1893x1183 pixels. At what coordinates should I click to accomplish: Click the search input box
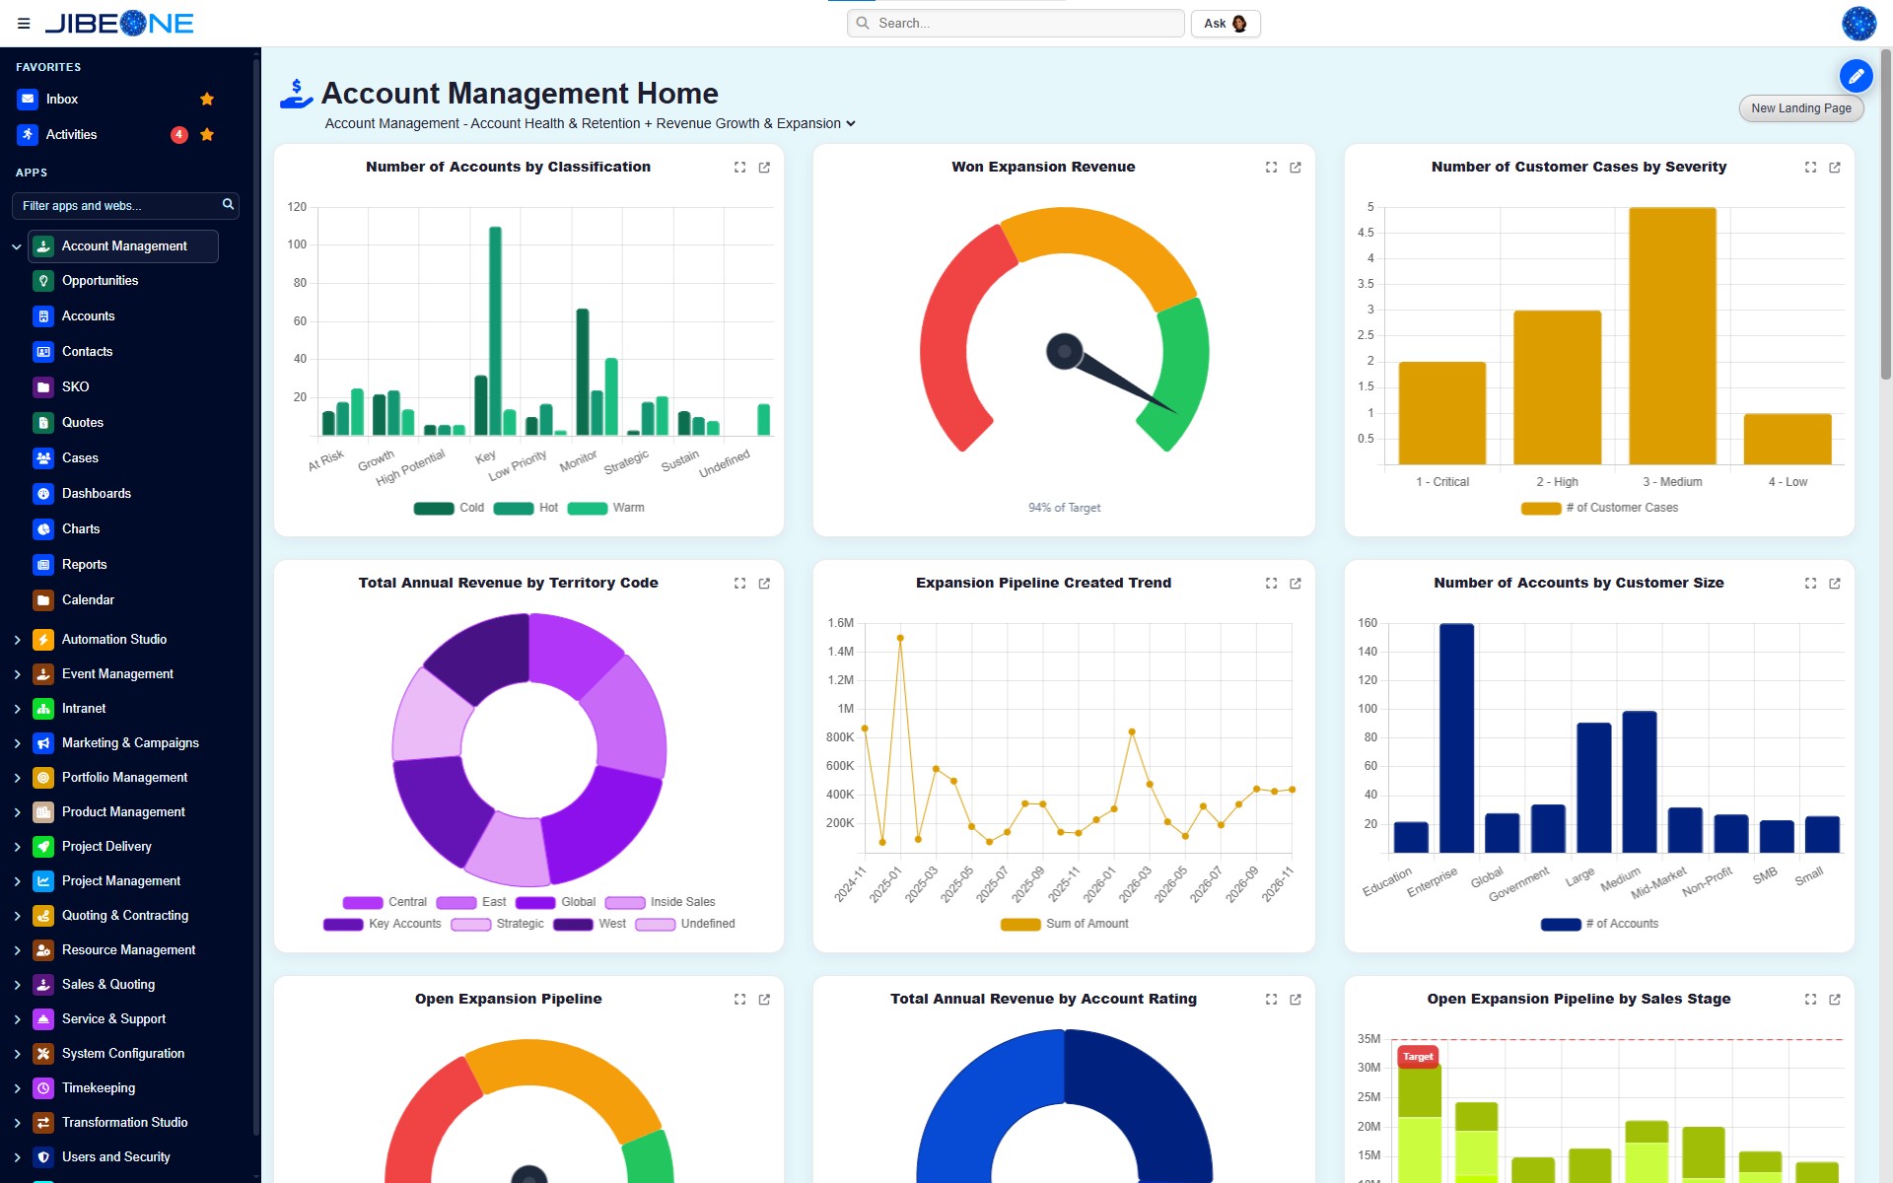(1016, 23)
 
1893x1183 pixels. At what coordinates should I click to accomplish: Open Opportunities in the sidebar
(100, 281)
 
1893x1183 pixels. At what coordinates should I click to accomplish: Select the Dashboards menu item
(96, 494)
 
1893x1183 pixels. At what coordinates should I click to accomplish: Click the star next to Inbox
(207, 99)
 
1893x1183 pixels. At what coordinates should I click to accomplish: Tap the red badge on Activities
(178, 134)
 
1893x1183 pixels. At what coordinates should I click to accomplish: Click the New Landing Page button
(1800, 108)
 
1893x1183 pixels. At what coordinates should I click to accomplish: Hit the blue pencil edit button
(1856, 76)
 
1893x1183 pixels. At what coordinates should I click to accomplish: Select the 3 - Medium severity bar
(1672, 335)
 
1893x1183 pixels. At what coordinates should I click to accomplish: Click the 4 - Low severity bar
(1788, 439)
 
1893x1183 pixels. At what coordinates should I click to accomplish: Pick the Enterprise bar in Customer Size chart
(1456, 737)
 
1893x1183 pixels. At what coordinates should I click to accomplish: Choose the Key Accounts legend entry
(383, 924)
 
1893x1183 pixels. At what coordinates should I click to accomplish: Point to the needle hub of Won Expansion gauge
(1064, 352)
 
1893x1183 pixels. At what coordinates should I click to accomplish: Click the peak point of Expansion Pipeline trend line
(900, 638)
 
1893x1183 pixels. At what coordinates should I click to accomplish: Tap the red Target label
(1418, 1057)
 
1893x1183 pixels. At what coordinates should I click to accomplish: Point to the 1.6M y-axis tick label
(841, 623)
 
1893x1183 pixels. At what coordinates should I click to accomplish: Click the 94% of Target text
(1064, 508)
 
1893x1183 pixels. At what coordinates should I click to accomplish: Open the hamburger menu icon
(24, 24)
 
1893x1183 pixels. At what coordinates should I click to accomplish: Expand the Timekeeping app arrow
(17, 1088)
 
